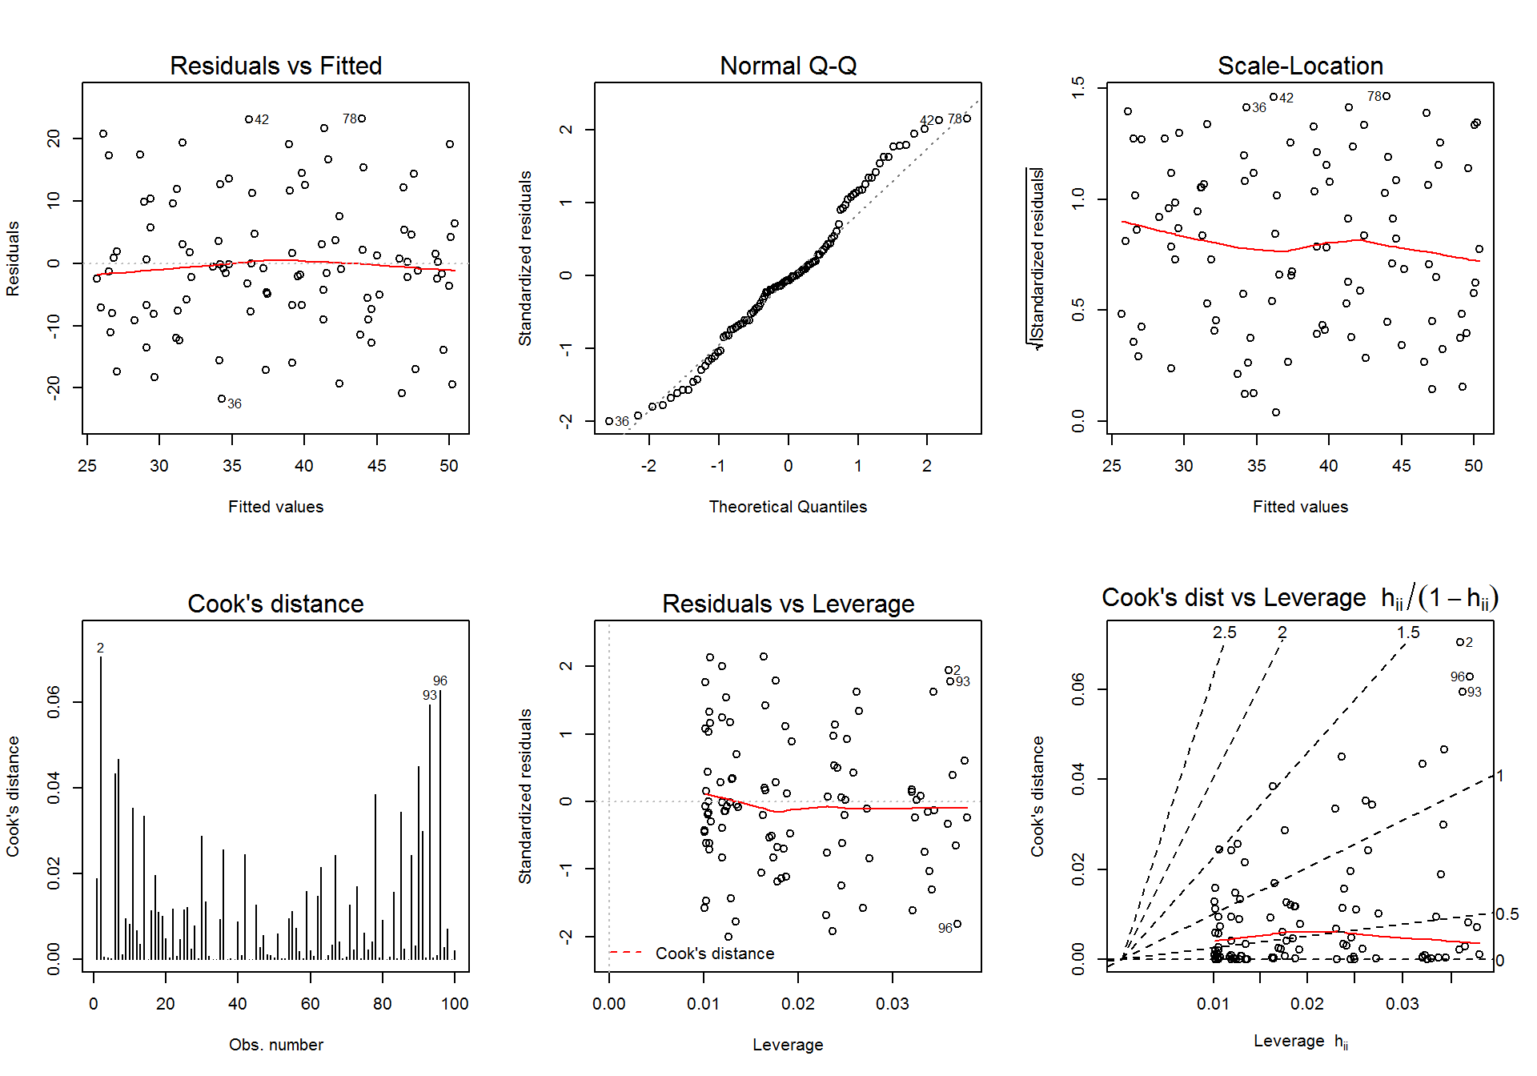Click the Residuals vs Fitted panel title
(275, 66)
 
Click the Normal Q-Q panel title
(788, 66)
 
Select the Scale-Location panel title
(1300, 66)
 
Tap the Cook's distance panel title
(275, 604)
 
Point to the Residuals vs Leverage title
(788, 604)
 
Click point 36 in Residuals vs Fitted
(222, 399)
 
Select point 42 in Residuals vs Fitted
(249, 119)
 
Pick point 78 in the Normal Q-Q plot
(967, 118)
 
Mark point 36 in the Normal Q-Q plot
(609, 421)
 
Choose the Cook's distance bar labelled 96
(440, 825)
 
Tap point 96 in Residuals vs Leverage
(957, 924)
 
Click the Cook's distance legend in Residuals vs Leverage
(692, 954)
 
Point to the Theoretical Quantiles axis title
(788, 507)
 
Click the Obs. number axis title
(275, 1045)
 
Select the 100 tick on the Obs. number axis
(455, 1004)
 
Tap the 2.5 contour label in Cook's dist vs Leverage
(1224, 632)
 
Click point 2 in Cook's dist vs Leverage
(1460, 642)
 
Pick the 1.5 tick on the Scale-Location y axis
(1078, 86)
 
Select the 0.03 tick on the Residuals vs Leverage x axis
(893, 1004)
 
